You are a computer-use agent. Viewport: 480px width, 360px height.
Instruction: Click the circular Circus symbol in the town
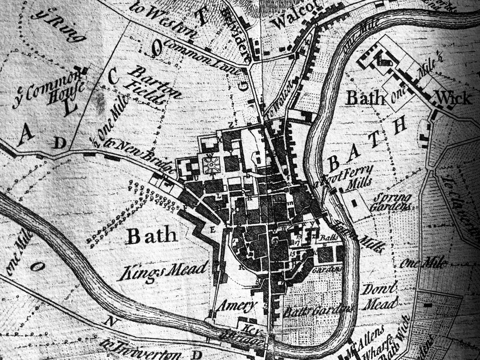(x=210, y=165)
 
